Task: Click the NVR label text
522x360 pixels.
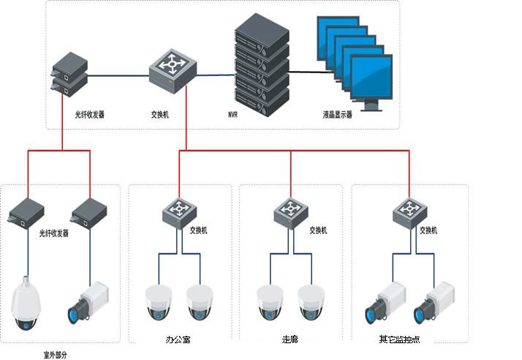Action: [232, 115]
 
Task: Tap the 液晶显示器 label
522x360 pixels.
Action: [337, 115]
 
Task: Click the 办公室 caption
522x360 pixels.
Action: [179, 340]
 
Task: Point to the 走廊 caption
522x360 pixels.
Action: [290, 340]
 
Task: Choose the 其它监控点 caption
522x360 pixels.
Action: [399, 340]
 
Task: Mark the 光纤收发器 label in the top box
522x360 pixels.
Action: [89, 115]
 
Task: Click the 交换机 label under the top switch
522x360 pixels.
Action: [160, 115]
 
